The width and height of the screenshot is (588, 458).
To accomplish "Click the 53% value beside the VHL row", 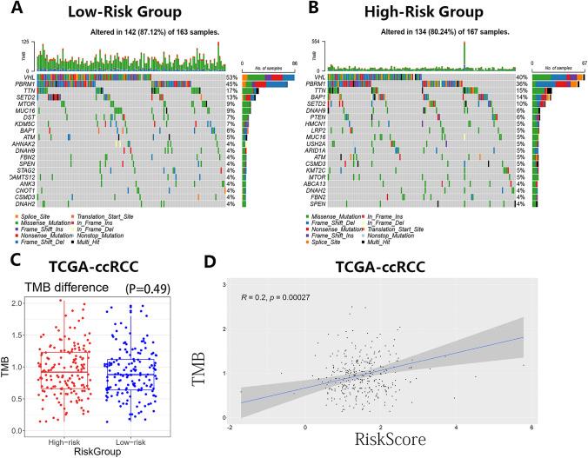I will click(x=230, y=77).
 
